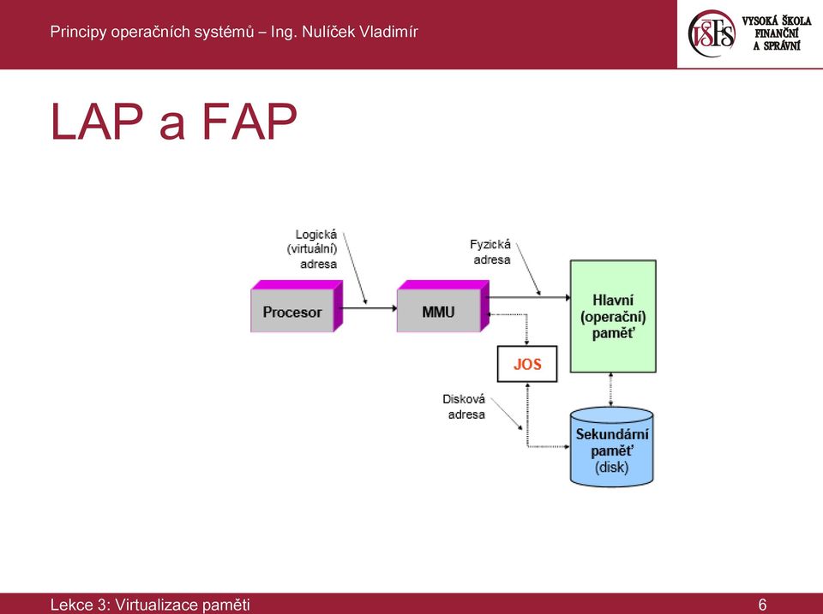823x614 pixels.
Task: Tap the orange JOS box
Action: point(527,364)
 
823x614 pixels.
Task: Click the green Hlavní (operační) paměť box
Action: point(613,316)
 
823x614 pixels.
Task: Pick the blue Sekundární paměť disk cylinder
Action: point(612,447)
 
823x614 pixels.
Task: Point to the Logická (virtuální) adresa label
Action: point(312,249)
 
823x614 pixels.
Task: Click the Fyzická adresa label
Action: point(490,253)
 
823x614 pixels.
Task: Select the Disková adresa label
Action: point(464,407)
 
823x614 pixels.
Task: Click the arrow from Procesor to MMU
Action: point(369,308)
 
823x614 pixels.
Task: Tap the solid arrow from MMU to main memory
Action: point(530,298)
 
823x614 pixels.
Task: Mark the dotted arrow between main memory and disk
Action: point(610,390)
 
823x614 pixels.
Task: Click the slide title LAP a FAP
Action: point(174,122)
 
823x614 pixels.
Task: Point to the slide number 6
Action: point(762,605)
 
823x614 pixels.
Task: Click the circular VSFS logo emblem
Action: point(712,33)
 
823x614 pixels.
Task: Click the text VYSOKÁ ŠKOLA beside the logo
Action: point(777,21)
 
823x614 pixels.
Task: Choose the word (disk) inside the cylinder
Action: point(611,468)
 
